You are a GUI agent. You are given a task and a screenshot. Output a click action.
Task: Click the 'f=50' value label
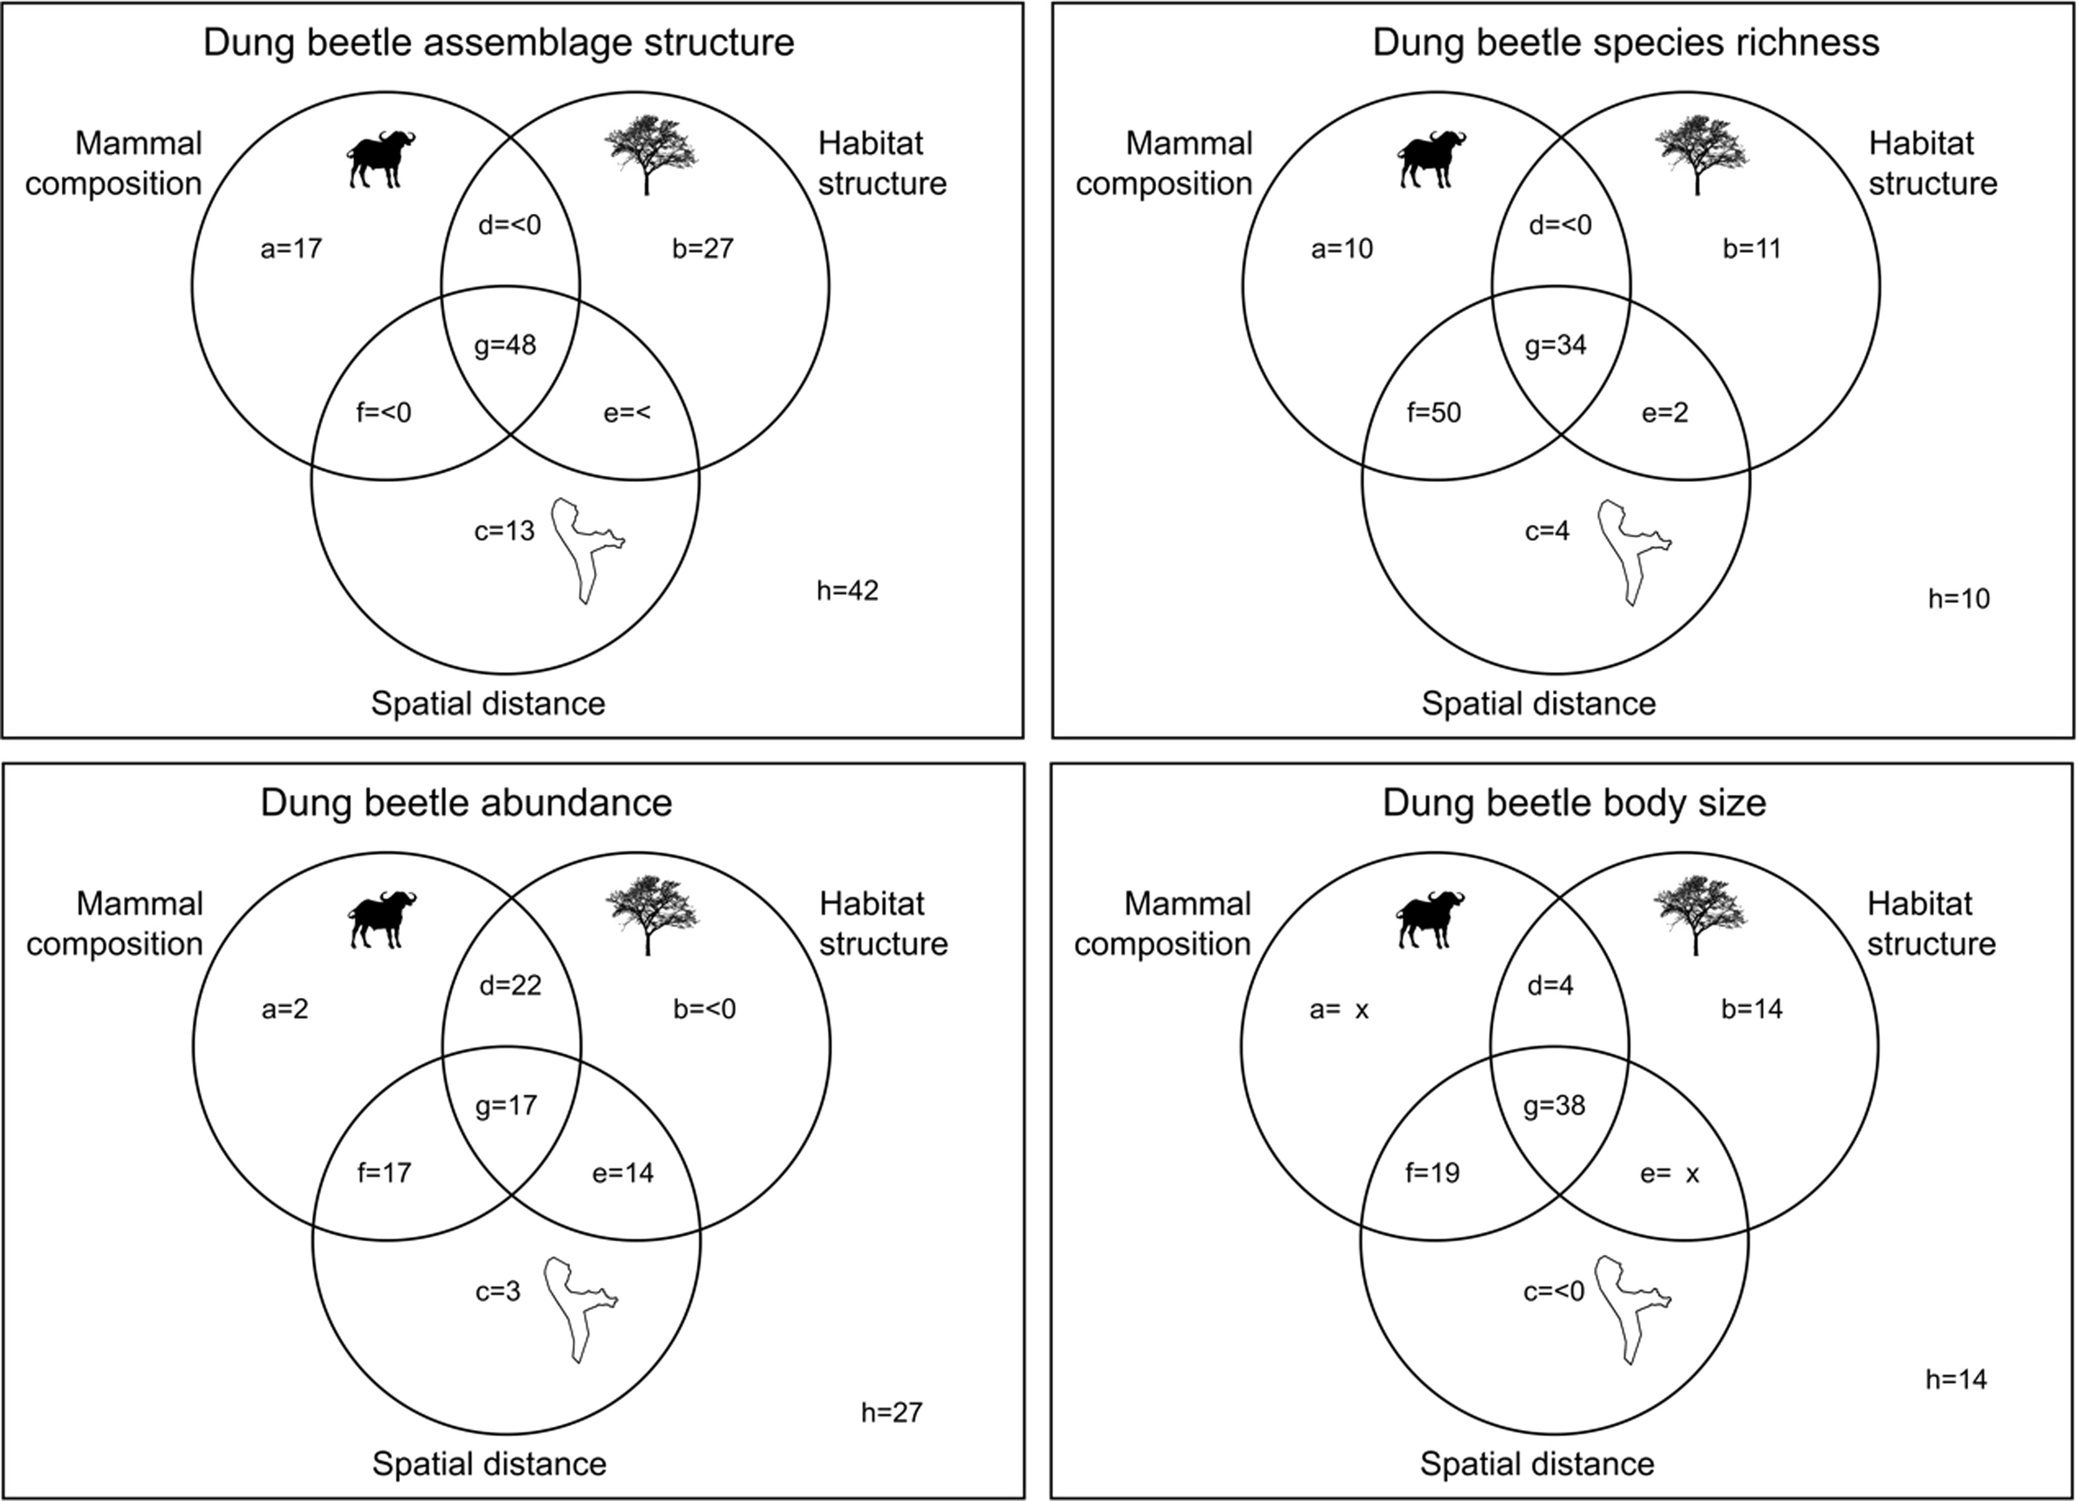tap(1434, 412)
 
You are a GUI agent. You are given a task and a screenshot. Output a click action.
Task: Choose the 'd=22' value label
tap(510, 985)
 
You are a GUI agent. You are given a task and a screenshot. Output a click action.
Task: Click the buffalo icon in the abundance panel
tap(382, 919)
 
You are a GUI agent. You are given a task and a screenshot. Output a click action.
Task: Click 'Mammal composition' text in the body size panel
tap(1162, 924)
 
